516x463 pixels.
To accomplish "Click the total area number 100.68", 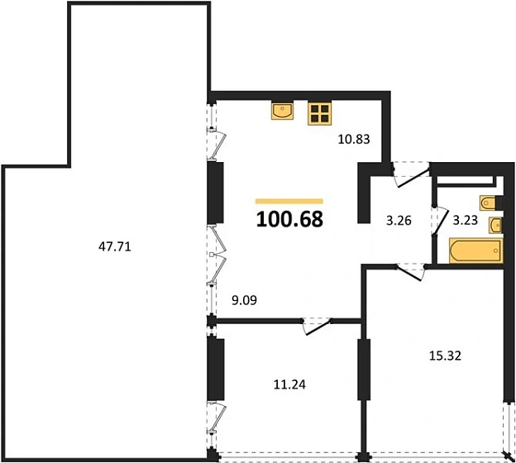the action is pos(289,219).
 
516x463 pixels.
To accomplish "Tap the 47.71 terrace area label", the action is pos(115,246).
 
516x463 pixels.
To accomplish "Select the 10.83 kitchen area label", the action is pos(354,140).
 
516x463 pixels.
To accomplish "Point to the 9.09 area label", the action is pos(244,300).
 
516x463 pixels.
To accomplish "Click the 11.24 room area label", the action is pos(289,384).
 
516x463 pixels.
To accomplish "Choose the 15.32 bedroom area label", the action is pos(445,356).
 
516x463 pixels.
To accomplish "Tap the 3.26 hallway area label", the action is pos(399,221).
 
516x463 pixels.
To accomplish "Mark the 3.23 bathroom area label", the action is pos(466,220).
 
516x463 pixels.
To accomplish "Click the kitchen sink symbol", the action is pos(283,111).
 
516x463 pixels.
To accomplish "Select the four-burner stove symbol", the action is pos(319,113).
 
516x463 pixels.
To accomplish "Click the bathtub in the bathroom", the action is pos(475,251).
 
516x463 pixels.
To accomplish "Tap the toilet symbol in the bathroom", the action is pos(488,203).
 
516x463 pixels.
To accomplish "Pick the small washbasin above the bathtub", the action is pos(495,225).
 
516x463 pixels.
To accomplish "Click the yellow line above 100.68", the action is pos(289,202).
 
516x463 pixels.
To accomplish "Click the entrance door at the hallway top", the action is pos(411,174).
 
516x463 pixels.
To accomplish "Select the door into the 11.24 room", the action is pos(318,326).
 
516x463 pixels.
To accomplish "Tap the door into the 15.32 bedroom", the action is pos(411,272).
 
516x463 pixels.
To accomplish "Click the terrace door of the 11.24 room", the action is pos(217,418).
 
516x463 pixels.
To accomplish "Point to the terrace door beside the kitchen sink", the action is pos(217,144).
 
